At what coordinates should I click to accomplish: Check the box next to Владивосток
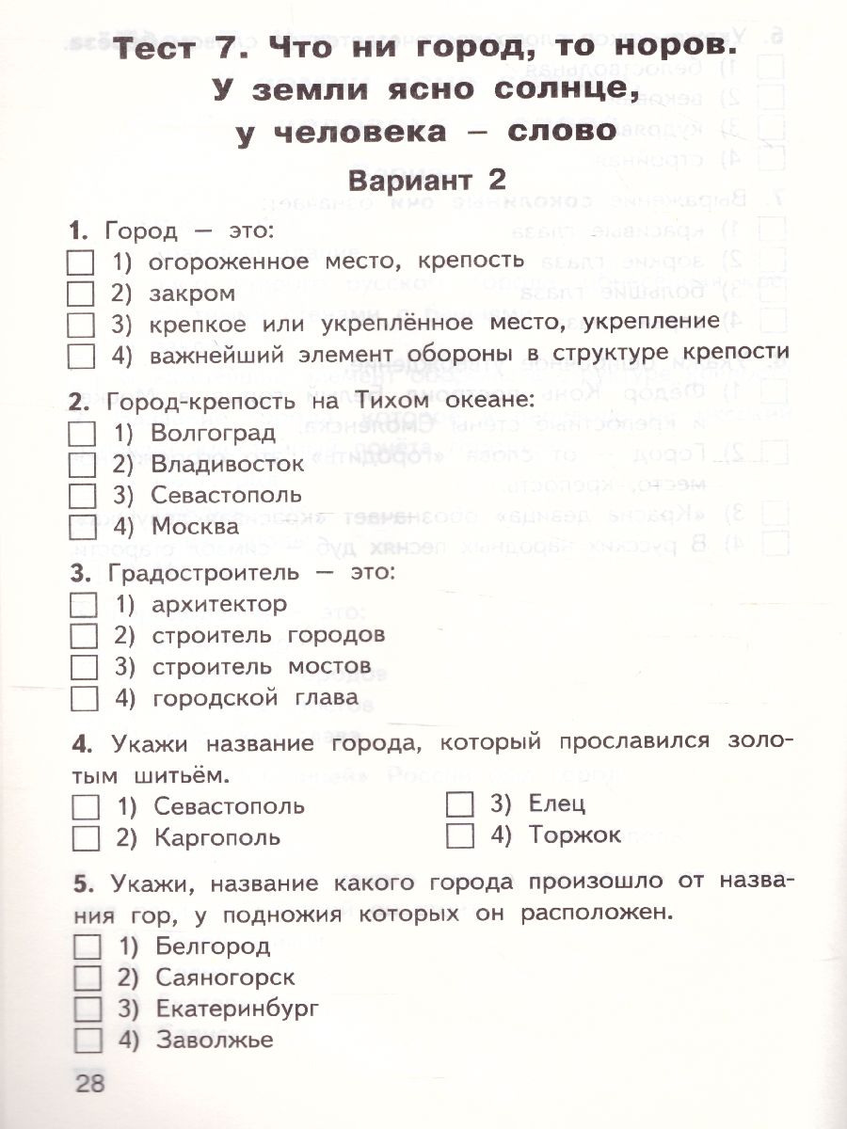(x=83, y=464)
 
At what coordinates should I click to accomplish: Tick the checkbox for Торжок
(x=460, y=835)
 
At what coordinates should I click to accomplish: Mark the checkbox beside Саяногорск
(x=86, y=978)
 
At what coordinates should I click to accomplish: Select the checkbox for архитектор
(x=84, y=604)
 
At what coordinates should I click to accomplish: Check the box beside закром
(x=82, y=293)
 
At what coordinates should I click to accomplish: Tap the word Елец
(x=557, y=804)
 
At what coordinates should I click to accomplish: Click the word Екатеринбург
(x=237, y=1009)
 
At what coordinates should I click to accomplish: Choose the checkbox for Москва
(x=83, y=525)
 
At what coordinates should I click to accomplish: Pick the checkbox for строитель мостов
(x=84, y=666)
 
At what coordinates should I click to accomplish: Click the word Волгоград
(x=213, y=434)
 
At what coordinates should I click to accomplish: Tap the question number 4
(x=79, y=744)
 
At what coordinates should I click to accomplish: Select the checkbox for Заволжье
(x=86, y=1039)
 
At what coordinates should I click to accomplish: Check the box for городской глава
(x=84, y=698)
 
